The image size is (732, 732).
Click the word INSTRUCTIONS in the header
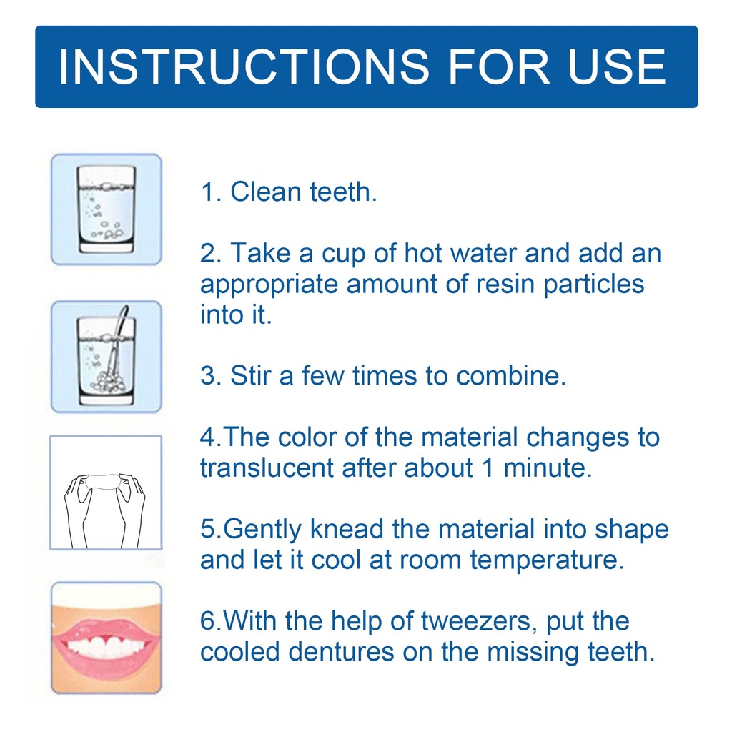[x=244, y=66]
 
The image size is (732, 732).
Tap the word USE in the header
[x=617, y=66]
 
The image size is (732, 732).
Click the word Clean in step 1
[x=266, y=192]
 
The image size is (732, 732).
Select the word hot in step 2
[x=423, y=254]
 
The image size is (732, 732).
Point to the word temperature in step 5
[x=547, y=560]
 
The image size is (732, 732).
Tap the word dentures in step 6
[x=341, y=652]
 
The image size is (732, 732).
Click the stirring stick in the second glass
[x=117, y=345]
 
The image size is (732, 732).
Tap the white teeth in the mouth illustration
[x=106, y=646]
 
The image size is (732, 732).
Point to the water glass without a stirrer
[x=107, y=209]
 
